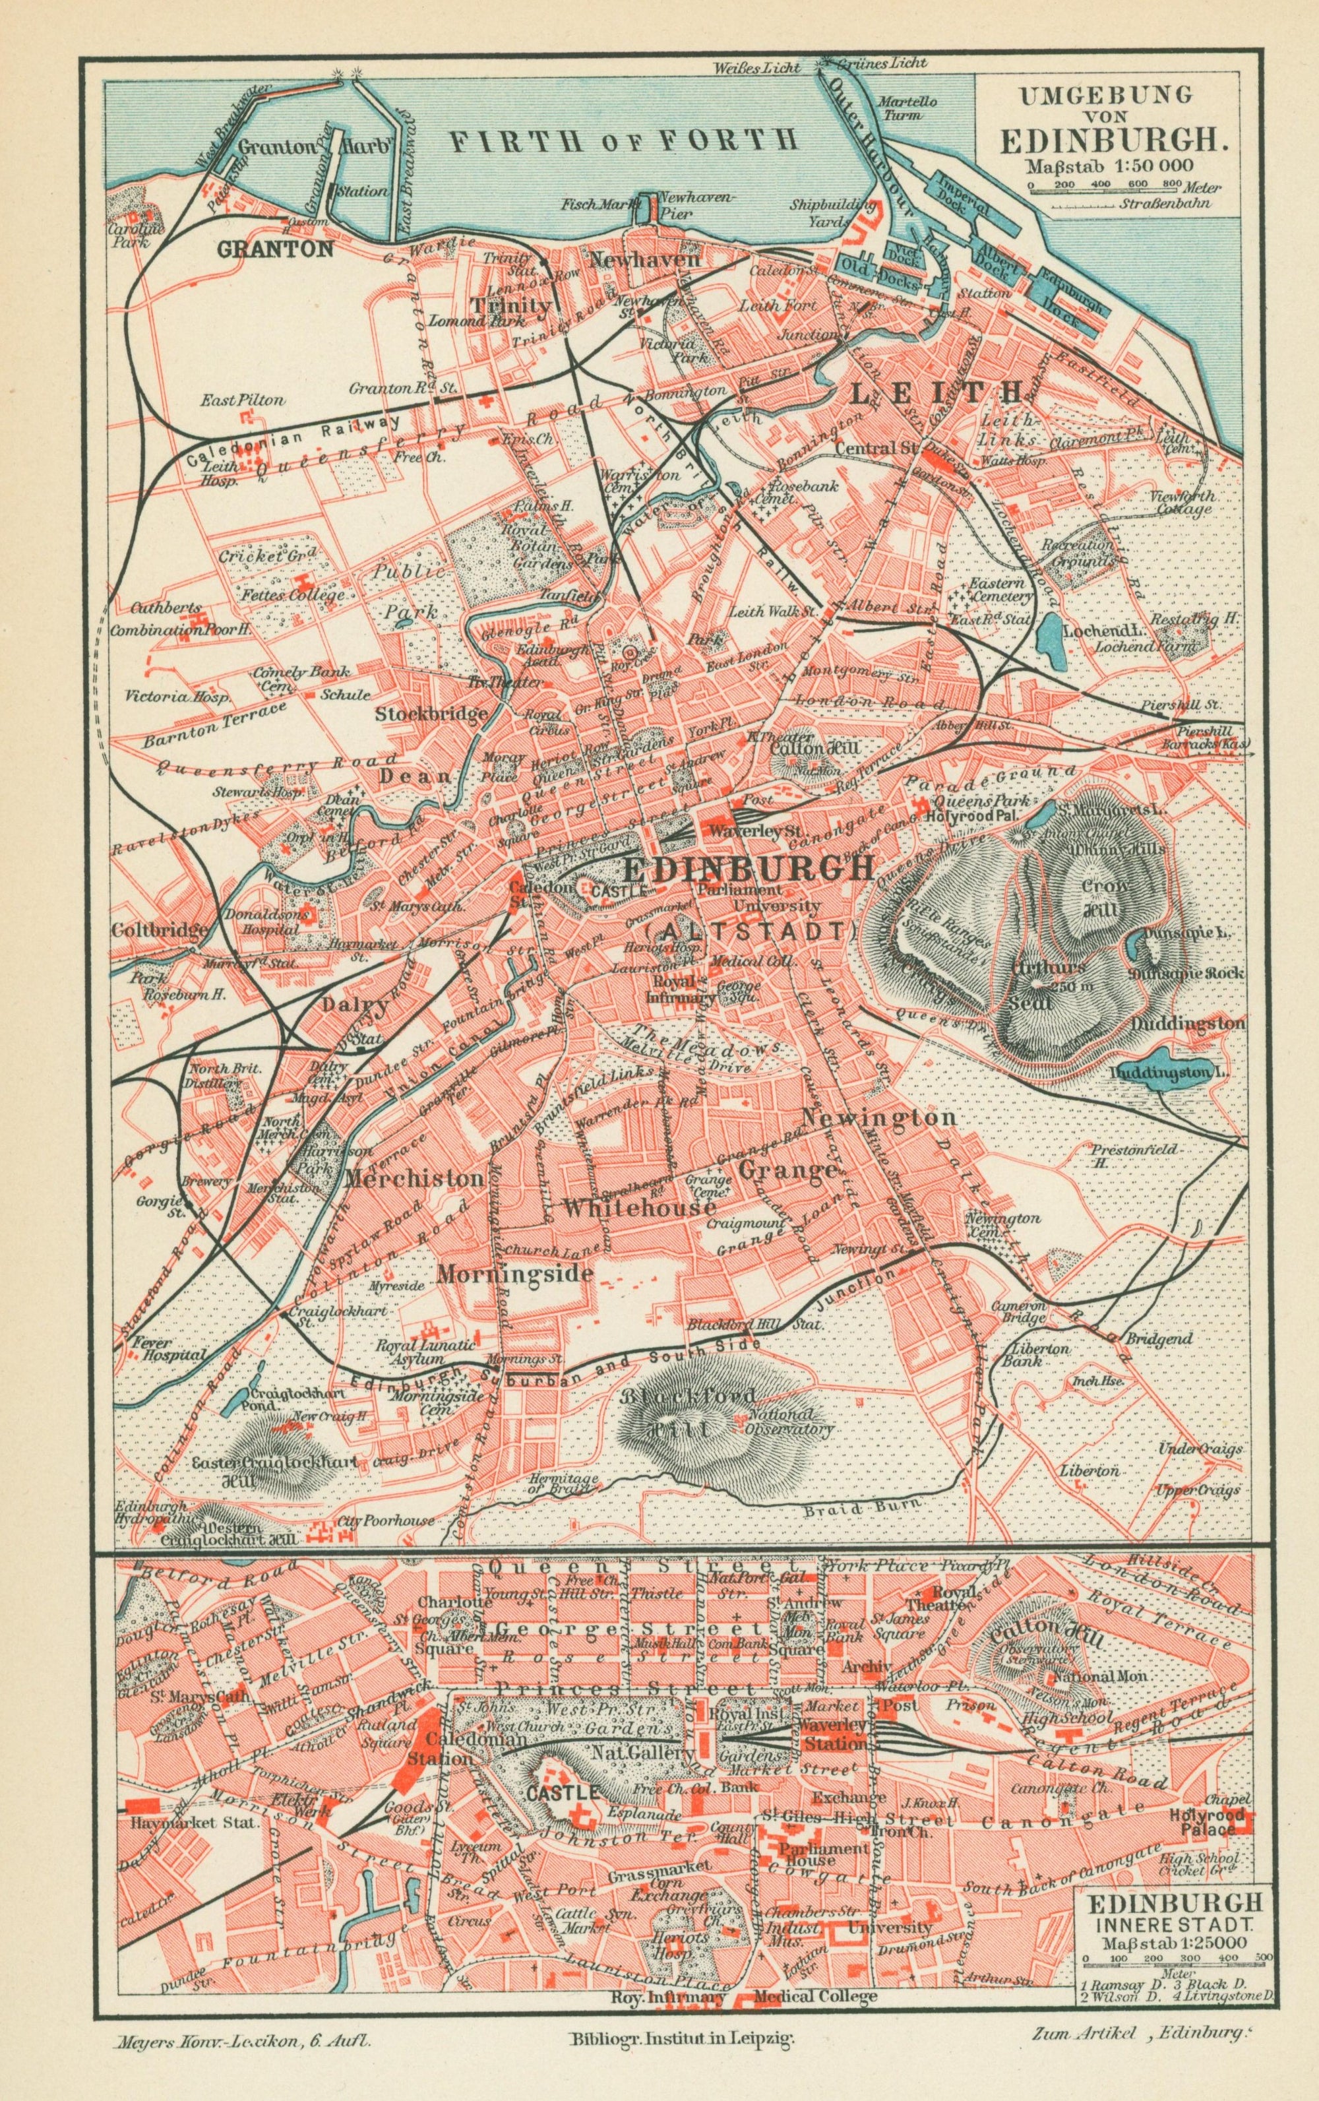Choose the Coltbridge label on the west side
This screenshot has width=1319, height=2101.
tap(159, 930)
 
